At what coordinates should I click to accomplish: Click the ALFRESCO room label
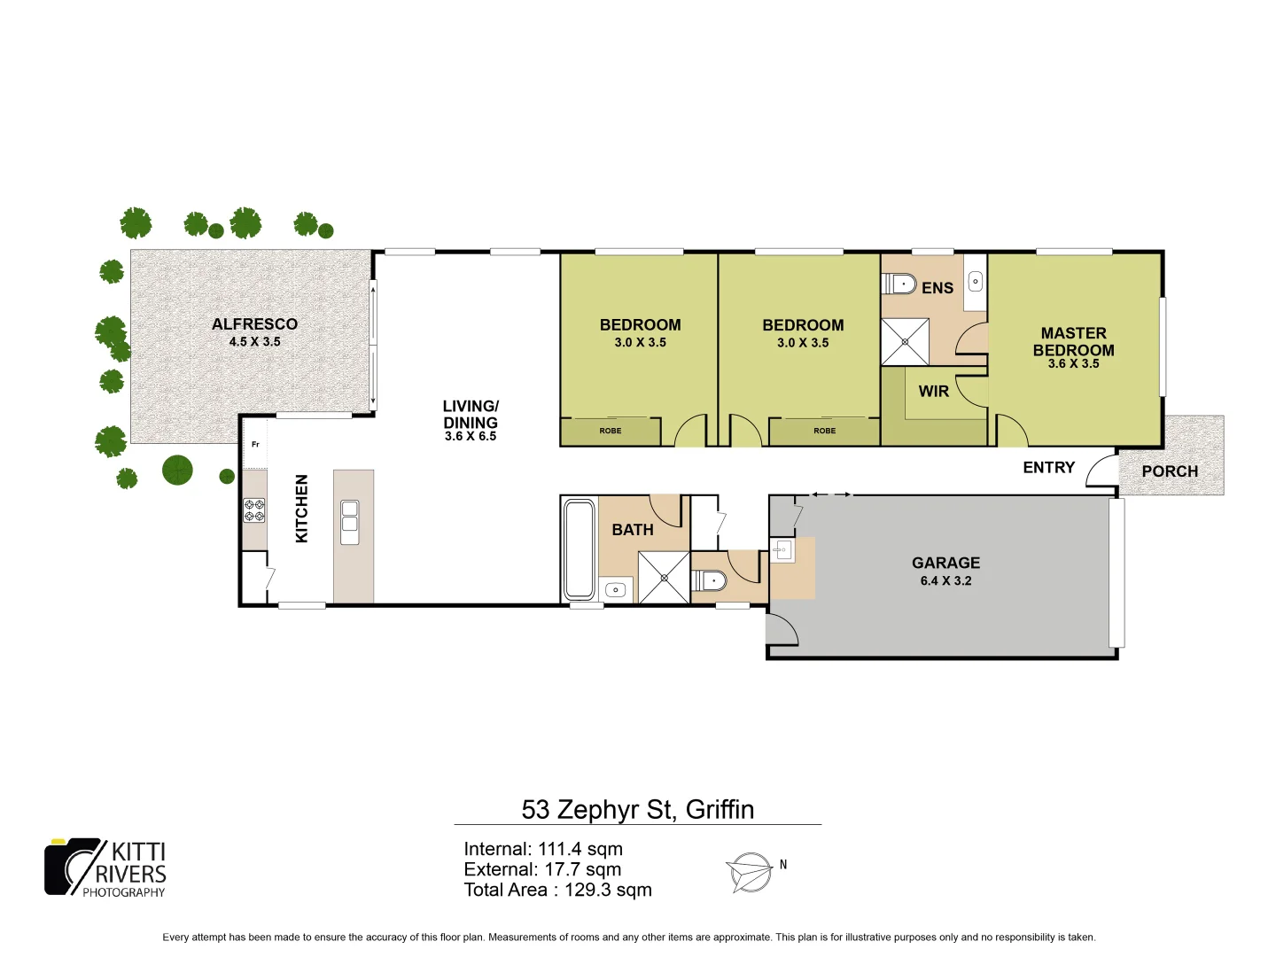[x=254, y=324]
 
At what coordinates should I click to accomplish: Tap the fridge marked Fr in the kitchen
[x=255, y=445]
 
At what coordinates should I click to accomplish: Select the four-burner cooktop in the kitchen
[x=254, y=510]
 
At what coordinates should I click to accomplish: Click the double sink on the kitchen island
[x=350, y=522]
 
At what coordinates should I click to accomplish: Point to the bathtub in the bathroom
[x=580, y=549]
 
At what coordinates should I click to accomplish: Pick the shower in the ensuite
[x=905, y=342]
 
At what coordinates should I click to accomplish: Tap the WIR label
[x=933, y=392]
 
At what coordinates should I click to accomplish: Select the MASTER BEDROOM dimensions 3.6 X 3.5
[x=1073, y=363]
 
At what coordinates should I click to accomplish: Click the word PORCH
[x=1170, y=471]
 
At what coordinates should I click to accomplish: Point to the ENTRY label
[x=1048, y=468]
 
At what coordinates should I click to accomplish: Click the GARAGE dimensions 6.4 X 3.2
[x=945, y=581]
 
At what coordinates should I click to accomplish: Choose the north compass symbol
[x=751, y=872]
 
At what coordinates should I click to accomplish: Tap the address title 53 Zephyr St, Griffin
[x=638, y=810]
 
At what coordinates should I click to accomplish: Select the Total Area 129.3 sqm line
[x=557, y=890]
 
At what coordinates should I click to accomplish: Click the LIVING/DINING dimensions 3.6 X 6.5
[x=471, y=436]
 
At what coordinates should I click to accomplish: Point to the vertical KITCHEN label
[x=301, y=509]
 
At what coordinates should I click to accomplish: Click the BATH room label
[x=633, y=530]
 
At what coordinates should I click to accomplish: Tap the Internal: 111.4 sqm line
[x=543, y=849]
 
